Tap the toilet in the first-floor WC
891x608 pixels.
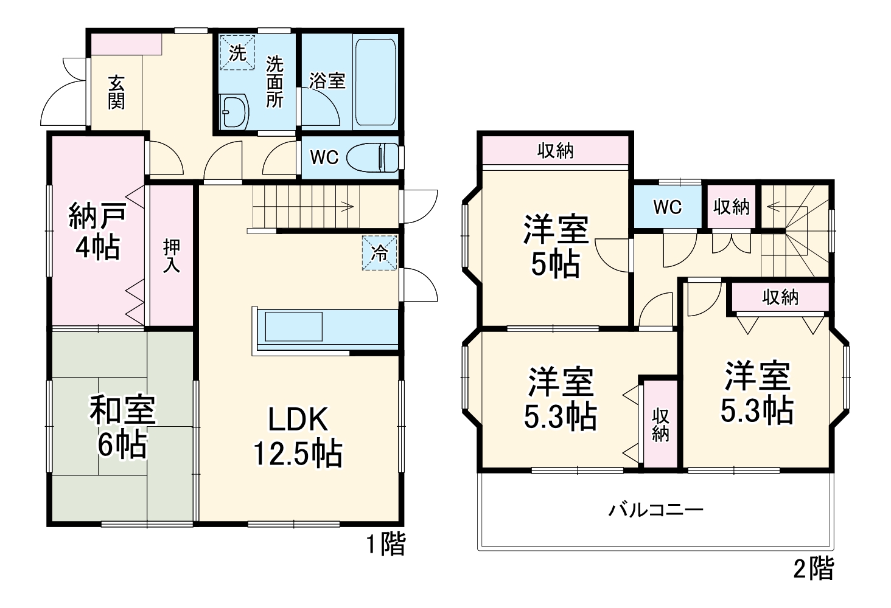pos(372,157)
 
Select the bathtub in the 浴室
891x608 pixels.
pos(376,83)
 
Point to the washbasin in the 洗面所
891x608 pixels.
pos(235,112)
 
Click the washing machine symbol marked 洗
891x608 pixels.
pos(237,53)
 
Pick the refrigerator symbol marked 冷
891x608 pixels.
pos(380,252)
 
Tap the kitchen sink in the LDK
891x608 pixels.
pos(293,326)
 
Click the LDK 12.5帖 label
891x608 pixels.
pos(298,436)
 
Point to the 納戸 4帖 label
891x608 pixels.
pos(97,231)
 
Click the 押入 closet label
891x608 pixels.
pos(171,255)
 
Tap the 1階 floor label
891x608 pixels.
pos(385,544)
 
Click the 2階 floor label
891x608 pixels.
pos(814,569)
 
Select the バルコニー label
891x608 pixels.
pos(656,508)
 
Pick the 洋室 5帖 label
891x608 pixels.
pos(556,246)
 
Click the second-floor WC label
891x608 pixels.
pos(668,207)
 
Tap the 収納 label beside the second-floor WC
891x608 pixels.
pos(731,207)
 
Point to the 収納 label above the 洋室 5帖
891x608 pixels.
pos(555,150)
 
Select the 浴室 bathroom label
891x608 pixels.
pos(327,80)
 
